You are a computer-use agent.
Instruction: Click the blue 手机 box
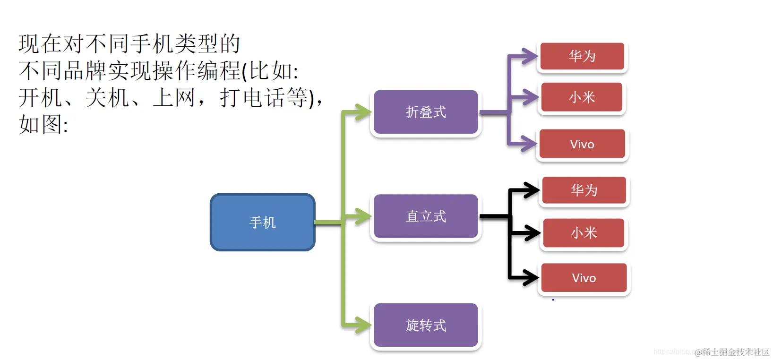coord(262,222)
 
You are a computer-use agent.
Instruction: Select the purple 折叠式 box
coord(425,112)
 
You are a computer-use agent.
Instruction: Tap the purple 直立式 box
coord(425,216)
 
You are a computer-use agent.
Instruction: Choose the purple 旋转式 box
coord(425,325)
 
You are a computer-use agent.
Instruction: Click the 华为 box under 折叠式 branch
coord(582,56)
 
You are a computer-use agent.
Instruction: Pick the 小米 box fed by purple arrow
coord(582,97)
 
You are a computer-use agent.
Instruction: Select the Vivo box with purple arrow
coord(582,144)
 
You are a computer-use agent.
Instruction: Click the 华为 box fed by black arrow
coord(584,190)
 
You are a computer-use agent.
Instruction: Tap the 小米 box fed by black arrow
coord(584,232)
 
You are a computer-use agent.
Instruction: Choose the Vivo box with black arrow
coord(584,278)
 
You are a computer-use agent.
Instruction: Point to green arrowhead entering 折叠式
coord(364,112)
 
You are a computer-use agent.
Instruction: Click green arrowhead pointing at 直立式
coord(364,216)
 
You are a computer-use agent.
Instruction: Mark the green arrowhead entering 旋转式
coord(364,325)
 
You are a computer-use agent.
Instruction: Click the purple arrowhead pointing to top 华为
coord(530,56)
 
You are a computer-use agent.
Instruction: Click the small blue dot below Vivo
coord(553,300)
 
